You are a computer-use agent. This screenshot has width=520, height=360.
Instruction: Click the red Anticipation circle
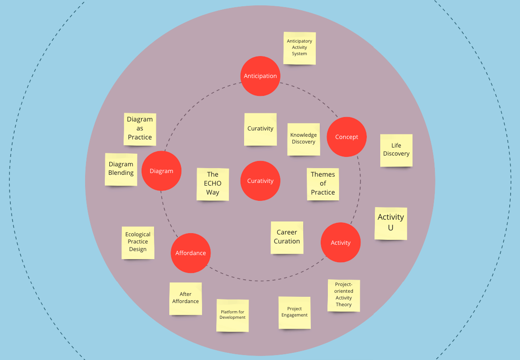coord(260,76)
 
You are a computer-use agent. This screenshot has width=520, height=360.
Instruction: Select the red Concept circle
coord(347,137)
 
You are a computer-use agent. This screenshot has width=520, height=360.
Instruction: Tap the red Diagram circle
coord(161,171)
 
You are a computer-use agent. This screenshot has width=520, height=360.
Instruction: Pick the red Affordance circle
coord(190,253)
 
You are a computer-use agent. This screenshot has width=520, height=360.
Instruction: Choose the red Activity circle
coord(340,243)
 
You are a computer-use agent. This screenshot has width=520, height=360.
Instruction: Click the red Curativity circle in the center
coord(260,181)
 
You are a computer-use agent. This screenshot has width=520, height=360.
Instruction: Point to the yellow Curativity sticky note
coord(260,129)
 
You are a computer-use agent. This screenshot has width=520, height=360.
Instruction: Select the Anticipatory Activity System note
coord(300,48)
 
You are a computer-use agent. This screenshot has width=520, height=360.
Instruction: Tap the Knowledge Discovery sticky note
coord(304,139)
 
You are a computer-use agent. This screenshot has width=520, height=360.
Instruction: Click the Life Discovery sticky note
coord(396,150)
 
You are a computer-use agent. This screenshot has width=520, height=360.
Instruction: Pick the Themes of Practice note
coord(323,184)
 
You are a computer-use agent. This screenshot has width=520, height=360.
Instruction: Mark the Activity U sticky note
coord(391,223)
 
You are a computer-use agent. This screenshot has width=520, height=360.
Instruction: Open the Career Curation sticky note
coord(287,237)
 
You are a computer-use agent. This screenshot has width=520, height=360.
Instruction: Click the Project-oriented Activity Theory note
coord(344,295)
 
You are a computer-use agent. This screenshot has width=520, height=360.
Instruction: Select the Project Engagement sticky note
coord(295,312)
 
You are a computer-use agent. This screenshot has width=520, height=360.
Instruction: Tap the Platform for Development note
coord(232,315)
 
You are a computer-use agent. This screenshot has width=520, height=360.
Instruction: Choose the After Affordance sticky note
coord(185,298)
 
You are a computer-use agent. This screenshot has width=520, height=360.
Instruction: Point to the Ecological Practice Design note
coord(138,242)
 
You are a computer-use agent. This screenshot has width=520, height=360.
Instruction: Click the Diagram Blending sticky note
coord(121,169)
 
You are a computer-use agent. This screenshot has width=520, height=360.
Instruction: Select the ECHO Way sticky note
coord(213,184)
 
